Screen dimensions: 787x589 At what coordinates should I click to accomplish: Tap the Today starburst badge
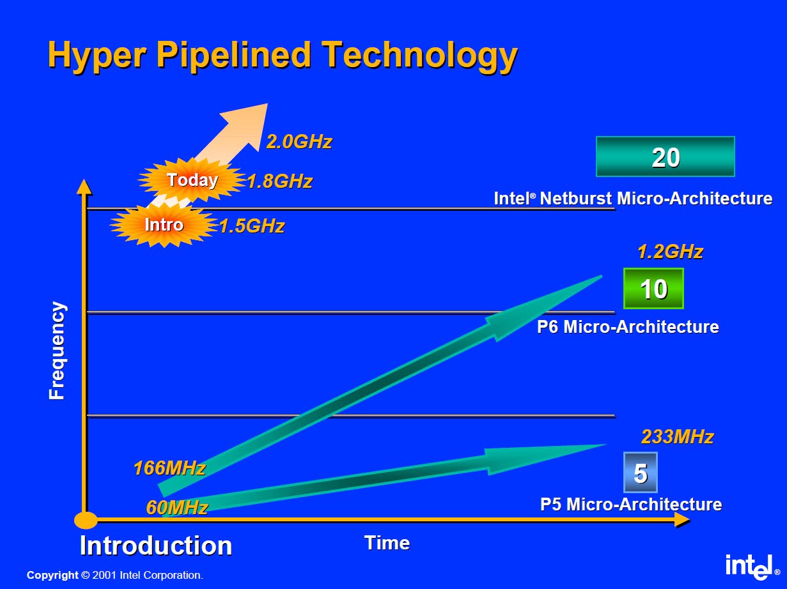tap(192, 180)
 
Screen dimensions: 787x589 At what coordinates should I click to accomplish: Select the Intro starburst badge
tap(164, 225)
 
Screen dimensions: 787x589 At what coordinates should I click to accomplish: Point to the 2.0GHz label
tap(299, 142)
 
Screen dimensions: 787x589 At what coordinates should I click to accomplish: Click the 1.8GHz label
tap(280, 181)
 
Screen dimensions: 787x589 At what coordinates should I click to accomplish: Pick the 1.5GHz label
tap(252, 226)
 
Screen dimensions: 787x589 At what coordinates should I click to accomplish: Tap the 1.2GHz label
tap(671, 252)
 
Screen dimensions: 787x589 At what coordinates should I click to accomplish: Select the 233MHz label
tap(677, 437)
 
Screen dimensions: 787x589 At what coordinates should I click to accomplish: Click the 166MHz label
tap(169, 468)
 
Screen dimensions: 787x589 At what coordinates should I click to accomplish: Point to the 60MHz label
tap(177, 507)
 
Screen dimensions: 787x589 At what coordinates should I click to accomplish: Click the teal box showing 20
tap(666, 157)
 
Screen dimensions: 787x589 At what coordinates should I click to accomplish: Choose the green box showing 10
tap(653, 288)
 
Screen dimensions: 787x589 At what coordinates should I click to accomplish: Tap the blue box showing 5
tap(641, 473)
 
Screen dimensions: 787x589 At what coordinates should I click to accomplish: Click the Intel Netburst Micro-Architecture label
tap(633, 198)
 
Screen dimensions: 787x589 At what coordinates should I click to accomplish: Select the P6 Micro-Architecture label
tap(628, 326)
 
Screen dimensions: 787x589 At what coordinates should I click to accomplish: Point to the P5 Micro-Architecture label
tap(631, 504)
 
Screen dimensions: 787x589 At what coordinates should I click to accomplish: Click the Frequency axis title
tap(57, 350)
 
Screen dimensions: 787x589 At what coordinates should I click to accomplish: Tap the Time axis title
tap(387, 543)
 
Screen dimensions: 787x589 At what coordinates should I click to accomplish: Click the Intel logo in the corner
tap(752, 567)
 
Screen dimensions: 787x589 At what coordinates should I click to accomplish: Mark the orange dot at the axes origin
tap(86, 520)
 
